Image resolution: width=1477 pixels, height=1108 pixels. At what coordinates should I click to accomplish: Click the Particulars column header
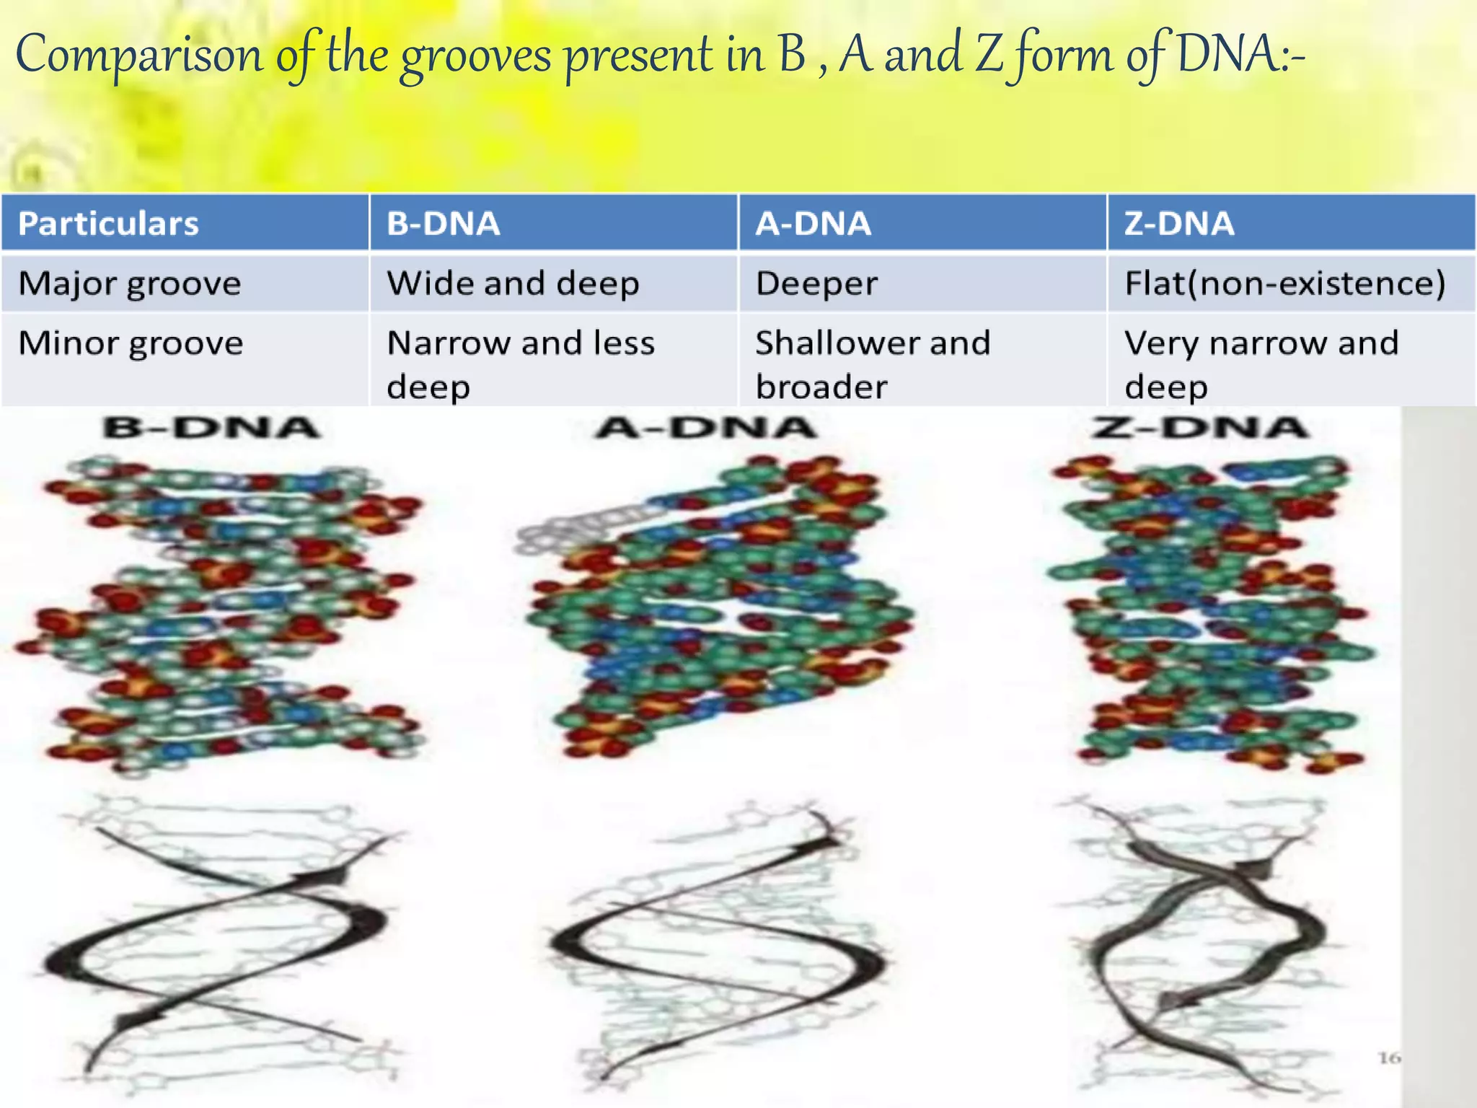(108, 224)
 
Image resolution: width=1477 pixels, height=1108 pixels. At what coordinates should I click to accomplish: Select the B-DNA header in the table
(443, 224)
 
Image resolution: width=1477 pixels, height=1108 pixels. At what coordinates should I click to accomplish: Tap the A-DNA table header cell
(813, 224)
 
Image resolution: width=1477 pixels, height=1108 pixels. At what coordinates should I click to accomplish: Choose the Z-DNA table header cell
(1179, 224)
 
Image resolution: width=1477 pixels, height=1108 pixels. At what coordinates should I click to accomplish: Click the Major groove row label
(130, 283)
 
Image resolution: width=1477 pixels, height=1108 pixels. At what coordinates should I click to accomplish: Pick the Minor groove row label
(131, 343)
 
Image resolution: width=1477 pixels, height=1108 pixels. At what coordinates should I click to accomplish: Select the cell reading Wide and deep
(513, 283)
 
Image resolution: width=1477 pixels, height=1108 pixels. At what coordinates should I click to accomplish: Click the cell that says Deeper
(816, 283)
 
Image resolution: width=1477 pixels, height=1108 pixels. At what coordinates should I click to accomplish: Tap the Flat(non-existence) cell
(1284, 283)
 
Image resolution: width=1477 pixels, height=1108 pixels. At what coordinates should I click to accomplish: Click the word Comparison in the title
(140, 56)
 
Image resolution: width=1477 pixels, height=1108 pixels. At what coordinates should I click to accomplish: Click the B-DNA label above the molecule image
(211, 428)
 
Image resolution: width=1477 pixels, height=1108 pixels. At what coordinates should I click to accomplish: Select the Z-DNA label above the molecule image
(1199, 428)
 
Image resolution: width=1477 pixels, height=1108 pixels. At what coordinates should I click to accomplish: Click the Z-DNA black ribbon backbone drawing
(1204, 938)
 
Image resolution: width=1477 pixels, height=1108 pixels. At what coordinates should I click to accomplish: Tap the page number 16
(1389, 1058)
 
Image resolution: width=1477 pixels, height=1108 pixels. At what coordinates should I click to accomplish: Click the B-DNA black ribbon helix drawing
(216, 938)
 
